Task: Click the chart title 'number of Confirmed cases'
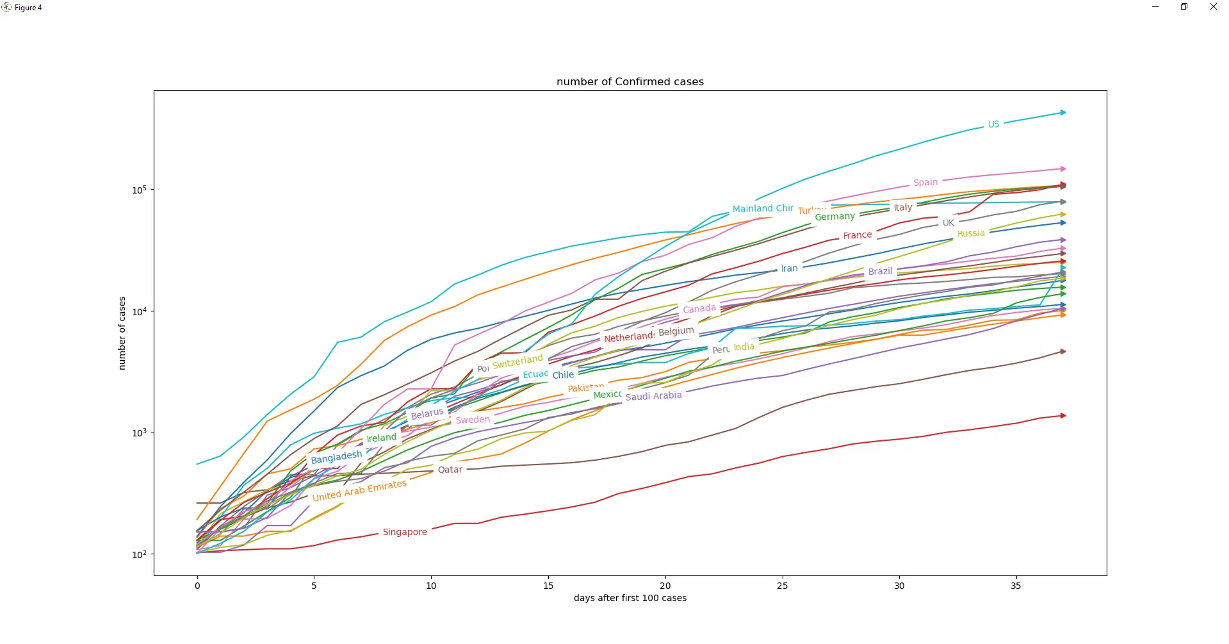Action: pos(630,82)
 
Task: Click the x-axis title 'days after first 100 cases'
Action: pos(630,598)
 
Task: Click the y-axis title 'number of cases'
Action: pos(122,333)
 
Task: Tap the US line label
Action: pos(993,124)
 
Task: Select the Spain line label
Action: pos(925,183)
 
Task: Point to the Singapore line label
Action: pos(405,532)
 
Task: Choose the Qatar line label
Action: pos(450,470)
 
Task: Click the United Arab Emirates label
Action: pos(359,490)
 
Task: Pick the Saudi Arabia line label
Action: pos(653,396)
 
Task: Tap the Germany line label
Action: pos(834,217)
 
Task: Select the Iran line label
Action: pos(789,268)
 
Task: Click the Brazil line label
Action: pos(880,272)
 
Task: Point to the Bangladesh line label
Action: pos(336,457)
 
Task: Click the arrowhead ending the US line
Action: pos(1063,113)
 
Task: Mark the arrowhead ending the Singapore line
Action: pos(1063,416)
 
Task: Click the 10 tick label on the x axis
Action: pos(431,585)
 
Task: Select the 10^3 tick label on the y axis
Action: pos(139,433)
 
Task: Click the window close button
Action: pos(1213,7)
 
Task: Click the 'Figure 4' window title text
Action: pos(28,8)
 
